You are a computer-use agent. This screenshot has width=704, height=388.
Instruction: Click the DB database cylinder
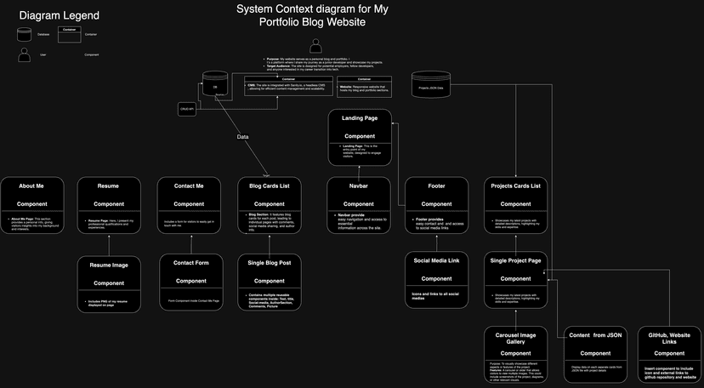tap(214, 87)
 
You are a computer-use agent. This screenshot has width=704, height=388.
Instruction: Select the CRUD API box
tap(186, 109)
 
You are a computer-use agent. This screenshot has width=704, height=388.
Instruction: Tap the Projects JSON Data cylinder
tap(431, 87)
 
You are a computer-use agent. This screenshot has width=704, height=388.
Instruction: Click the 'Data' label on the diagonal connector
tap(243, 136)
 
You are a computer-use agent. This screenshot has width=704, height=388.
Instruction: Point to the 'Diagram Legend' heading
tap(59, 15)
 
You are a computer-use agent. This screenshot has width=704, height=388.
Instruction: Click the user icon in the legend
tap(24, 54)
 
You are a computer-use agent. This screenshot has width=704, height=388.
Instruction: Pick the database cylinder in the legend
tap(24, 34)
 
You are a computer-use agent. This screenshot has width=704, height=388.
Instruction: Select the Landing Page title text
tap(359, 117)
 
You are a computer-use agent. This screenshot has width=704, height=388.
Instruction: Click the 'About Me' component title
tap(31, 185)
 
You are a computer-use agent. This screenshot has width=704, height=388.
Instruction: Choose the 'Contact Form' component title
tap(190, 263)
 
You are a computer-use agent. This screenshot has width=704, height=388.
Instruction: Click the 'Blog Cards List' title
tap(270, 185)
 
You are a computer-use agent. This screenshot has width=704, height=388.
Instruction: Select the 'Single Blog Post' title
tap(270, 263)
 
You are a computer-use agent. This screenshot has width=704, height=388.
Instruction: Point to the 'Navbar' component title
tap(359, 185)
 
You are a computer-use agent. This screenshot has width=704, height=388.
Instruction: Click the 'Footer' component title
tap(436, 185)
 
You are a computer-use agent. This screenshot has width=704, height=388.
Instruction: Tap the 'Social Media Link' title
tap(436, 260)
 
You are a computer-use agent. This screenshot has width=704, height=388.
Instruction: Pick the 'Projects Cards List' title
tap(515, 185)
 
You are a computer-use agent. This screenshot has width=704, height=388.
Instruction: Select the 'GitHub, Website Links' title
tap(669, 339)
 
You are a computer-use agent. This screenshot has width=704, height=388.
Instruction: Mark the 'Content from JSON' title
tap(595, 335)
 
